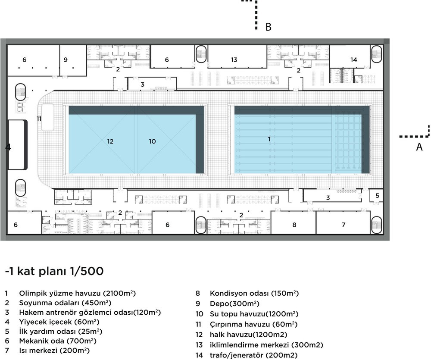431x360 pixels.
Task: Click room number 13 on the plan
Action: (234, 59)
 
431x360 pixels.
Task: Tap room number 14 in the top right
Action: (353, 59)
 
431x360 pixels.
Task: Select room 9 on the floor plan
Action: (66, 59)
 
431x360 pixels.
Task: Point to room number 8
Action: (294, 225)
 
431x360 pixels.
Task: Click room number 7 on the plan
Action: (344, 225)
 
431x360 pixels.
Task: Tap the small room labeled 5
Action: (377, 195)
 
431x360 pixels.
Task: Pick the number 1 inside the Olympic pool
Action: (269, 139)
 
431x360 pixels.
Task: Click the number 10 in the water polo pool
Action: (152, 141)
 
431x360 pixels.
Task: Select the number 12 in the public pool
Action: (110, 141)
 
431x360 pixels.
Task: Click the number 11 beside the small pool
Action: (39, 119)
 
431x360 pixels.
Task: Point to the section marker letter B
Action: (268, 27)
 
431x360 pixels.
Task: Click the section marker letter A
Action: (419, 147)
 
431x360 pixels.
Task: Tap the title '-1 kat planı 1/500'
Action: (54, 271)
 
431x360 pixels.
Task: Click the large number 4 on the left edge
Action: (8, 147)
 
